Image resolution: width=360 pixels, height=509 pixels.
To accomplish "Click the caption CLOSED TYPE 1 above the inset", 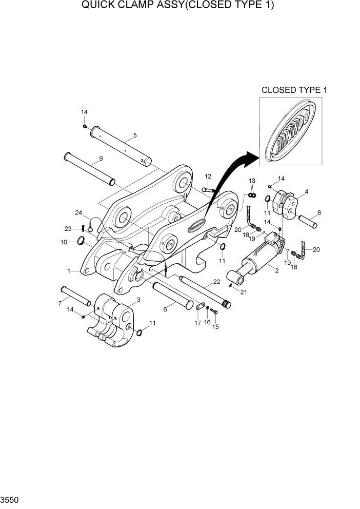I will click(294, 90).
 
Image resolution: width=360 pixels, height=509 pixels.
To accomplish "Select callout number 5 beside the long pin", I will click(134, 135).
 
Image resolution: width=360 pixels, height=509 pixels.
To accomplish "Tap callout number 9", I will click(101, 159).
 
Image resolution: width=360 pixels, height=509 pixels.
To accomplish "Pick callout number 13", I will click(252, 181).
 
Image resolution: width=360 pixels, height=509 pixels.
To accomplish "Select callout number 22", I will click(216, 282).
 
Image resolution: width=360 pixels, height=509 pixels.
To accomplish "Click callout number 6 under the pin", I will click(165, 309).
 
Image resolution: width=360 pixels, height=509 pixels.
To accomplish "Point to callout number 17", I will click(198, 323).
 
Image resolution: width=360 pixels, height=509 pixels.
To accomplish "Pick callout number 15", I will click(215, 326).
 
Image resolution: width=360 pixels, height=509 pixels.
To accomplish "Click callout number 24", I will click(79, 212).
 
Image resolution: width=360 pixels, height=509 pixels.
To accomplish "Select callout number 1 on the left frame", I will click(69, 270).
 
